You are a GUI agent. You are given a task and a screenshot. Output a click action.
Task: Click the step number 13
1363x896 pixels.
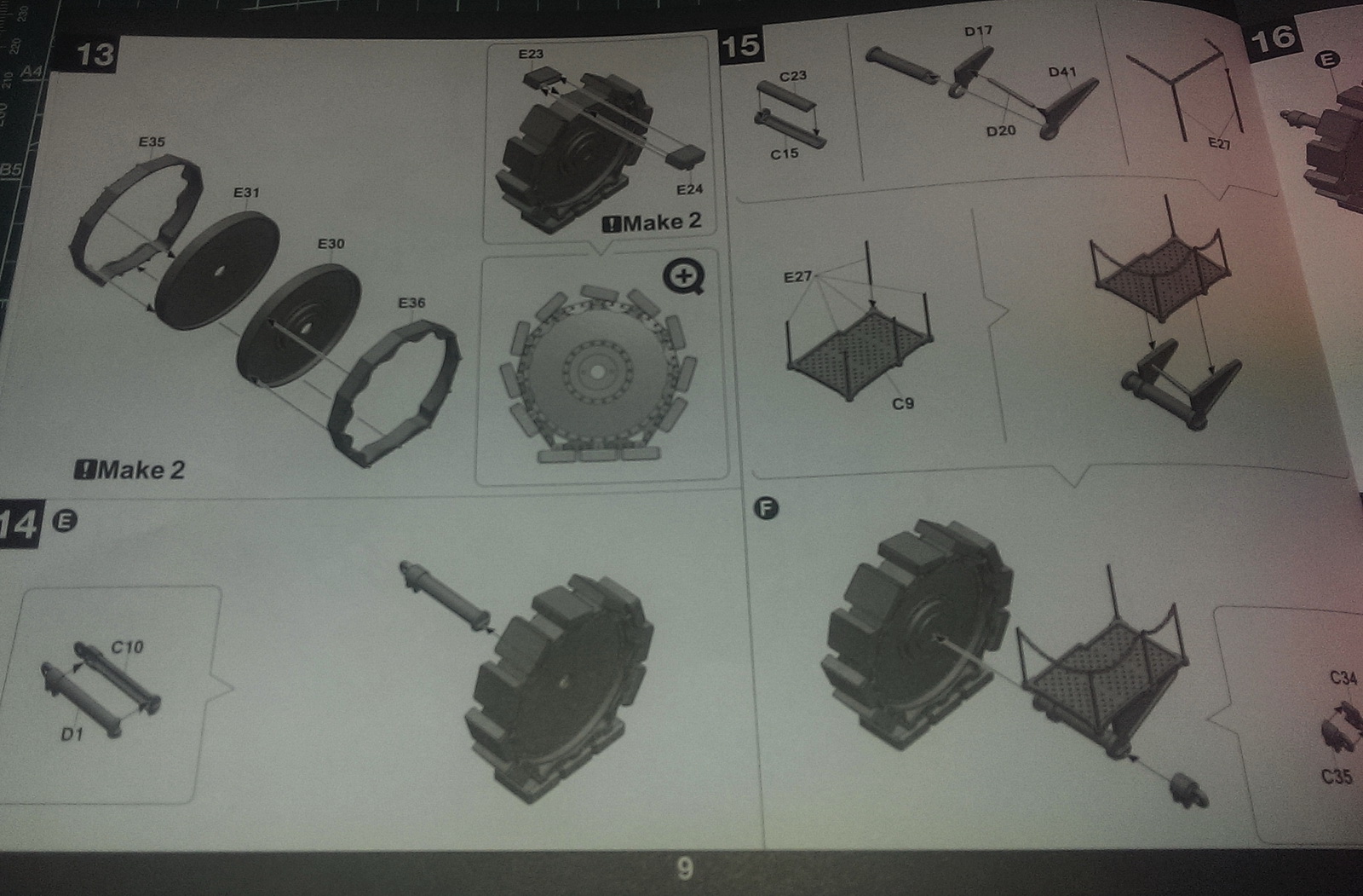coord(95,55)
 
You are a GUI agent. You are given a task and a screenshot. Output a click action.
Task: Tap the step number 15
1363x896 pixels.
coord(740,46)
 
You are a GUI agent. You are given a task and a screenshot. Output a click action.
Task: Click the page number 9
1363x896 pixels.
coord(685,869)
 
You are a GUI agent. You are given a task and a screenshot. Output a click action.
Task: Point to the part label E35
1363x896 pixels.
coord(152,142)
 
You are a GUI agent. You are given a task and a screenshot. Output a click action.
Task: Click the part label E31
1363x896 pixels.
coord(246,193)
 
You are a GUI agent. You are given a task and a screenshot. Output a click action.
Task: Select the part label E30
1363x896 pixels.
coord(331,244)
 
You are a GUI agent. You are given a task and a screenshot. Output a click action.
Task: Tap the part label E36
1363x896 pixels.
coord(412,303)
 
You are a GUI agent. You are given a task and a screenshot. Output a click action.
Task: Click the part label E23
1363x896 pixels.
coord(531,55)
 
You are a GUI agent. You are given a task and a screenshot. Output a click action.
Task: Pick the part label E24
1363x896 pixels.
coord(689,190)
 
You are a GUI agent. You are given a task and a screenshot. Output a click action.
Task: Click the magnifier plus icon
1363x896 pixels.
coord(684,277)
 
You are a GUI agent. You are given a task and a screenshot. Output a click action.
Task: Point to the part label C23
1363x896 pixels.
coord(793,76)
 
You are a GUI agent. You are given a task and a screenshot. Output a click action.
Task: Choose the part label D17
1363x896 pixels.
coord(979,31)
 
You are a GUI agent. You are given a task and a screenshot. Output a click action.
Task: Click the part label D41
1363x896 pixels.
coord(1062,72)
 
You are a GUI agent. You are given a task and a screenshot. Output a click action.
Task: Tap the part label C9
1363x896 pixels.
coord(903,403)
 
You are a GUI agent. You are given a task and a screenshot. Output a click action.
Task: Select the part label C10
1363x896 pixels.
coord(127,647)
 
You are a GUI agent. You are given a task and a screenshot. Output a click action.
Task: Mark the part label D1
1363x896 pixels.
coord(72,735)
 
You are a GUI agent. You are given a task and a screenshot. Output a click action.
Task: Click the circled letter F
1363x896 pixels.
coord(766,509)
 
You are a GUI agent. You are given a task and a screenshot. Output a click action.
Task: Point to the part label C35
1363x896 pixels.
coord(1337,777)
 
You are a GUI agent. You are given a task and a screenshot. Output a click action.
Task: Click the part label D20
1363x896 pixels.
coord(1001,131)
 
